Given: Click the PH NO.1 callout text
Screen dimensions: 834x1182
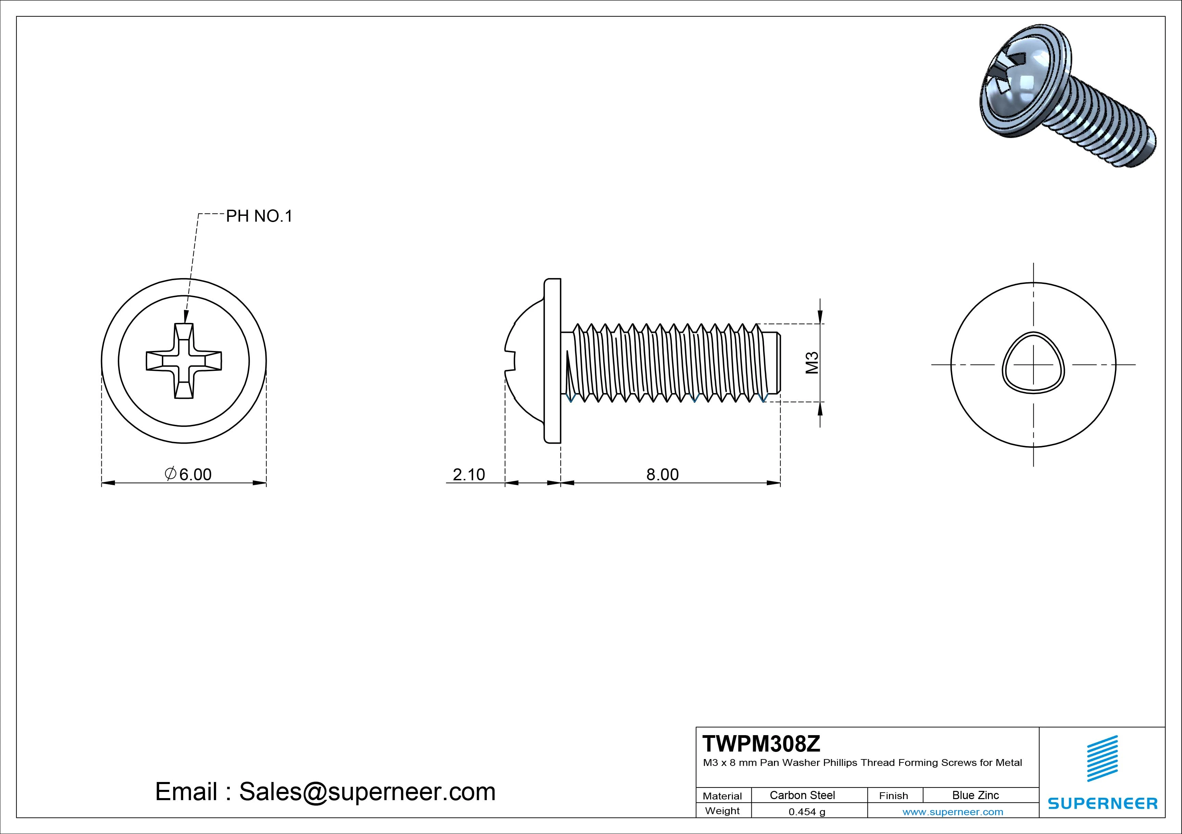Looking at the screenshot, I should pos(259,217).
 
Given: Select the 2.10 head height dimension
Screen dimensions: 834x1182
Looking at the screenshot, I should pos(469,474).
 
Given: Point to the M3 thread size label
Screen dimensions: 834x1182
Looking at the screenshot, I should pos(812,363).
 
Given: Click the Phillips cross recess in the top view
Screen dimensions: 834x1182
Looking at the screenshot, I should pos(184,361).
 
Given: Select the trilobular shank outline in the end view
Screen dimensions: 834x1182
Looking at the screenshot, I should pos(1033,364).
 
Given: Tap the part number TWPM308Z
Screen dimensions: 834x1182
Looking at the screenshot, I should pos(761,744).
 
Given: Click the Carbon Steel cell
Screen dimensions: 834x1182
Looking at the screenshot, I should pos(802,795).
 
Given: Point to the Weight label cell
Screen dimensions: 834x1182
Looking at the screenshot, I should pos(722,811).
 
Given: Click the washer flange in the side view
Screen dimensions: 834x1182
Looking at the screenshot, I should pos(552,361).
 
